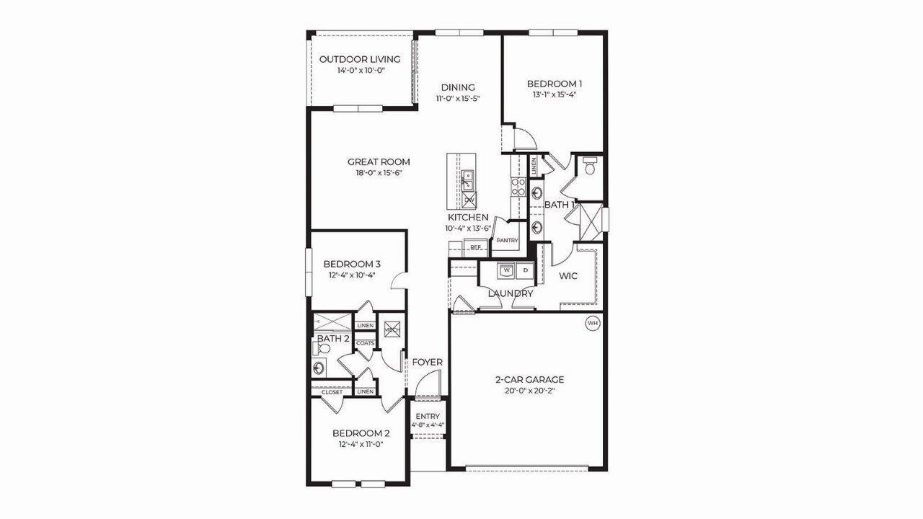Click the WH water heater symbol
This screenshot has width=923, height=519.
(x=593, y=324)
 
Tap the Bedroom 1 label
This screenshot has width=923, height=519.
(x=554, y=83)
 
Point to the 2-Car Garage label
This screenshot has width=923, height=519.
(x=529, y=379)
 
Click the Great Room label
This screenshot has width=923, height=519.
(x=379, y=162)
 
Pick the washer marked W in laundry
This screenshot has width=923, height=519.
(x=506, y=270)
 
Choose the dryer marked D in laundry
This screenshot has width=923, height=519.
(x=525, y=270)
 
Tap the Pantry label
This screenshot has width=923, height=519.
(x=508, y=241)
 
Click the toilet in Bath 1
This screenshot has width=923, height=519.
(x=589, y=169)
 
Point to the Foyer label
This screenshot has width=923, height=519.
(x=427, y=362)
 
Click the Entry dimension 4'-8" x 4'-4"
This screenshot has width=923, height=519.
(x=428, y=425)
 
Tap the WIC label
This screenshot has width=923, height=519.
(x=569, y=275)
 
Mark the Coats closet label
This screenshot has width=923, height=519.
(x=365, y=343)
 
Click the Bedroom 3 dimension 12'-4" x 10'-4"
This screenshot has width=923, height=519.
(x=352, y=275)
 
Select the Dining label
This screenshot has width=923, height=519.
(x=458, y=88)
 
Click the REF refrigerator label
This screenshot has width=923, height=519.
(x=475, y=247)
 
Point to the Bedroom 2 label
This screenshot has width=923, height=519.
(x=361, y=433)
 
